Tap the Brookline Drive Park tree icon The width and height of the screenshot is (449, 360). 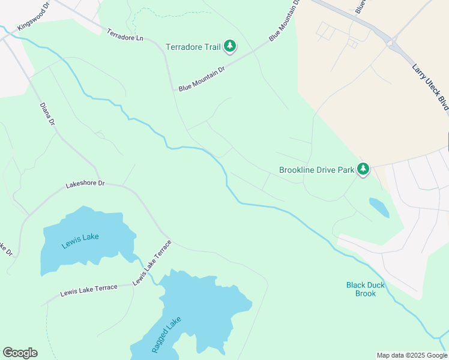363,170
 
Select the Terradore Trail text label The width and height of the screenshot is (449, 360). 194,46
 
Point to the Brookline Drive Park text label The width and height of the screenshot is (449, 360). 317,170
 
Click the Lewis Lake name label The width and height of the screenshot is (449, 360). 80,237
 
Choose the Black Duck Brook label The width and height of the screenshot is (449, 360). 366,289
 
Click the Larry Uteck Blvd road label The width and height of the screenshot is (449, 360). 430,86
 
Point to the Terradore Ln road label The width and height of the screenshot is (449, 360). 125,35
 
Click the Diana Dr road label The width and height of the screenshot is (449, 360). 47,114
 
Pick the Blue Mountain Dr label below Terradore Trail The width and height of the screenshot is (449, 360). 201,79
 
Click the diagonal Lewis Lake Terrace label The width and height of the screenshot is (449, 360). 152,263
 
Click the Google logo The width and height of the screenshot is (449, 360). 20,353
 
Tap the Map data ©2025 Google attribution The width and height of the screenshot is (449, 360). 412,355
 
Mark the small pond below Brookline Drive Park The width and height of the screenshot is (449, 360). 379,208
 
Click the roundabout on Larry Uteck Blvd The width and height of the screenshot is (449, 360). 394,43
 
